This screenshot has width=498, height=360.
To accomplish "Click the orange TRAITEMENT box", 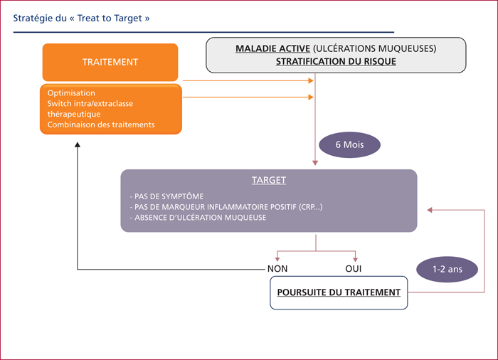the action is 110,63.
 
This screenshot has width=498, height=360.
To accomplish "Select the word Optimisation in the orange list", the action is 71,93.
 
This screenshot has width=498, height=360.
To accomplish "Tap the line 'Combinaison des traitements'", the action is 101,125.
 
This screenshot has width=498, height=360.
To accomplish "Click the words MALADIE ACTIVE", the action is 272,48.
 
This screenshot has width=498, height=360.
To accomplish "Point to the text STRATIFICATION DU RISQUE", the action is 336,61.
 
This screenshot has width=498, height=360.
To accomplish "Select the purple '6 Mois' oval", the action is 349,145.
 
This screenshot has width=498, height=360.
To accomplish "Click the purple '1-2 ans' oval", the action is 447,270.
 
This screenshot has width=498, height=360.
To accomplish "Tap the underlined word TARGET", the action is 269,180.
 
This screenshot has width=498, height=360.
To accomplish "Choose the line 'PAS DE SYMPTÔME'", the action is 166,196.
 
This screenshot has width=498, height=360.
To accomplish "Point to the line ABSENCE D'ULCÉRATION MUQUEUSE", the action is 198,218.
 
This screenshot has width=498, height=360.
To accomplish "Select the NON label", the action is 277,269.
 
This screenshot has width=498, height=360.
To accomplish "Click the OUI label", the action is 353,269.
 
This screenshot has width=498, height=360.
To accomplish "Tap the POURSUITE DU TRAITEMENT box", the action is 339,292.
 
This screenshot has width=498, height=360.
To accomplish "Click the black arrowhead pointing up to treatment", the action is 77,144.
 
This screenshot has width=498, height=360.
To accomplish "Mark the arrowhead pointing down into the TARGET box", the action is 315,163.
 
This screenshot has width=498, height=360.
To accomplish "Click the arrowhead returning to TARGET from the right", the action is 430,210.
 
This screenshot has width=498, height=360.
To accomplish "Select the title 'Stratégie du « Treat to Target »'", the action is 81,18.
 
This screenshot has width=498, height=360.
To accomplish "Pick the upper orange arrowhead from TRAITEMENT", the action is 311,80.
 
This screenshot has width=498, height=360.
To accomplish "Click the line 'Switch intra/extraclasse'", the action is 90,104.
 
